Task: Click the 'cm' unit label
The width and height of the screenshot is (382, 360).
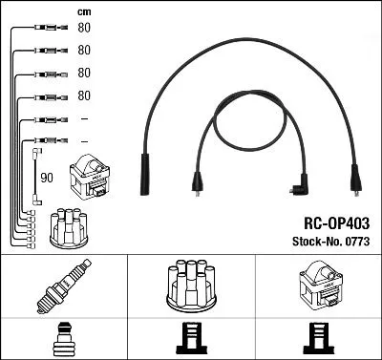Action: click(x=83, y=12)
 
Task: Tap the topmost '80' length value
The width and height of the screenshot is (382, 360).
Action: click(x=83, y=28)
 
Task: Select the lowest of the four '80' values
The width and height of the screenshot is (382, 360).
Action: click(x=83, y=95)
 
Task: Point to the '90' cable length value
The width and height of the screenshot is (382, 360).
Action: click(x=47, y=177)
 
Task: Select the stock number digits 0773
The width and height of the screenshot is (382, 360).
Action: click(x=355, y=242)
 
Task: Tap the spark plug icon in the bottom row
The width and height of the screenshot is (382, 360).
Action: click(x=63, y=287)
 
